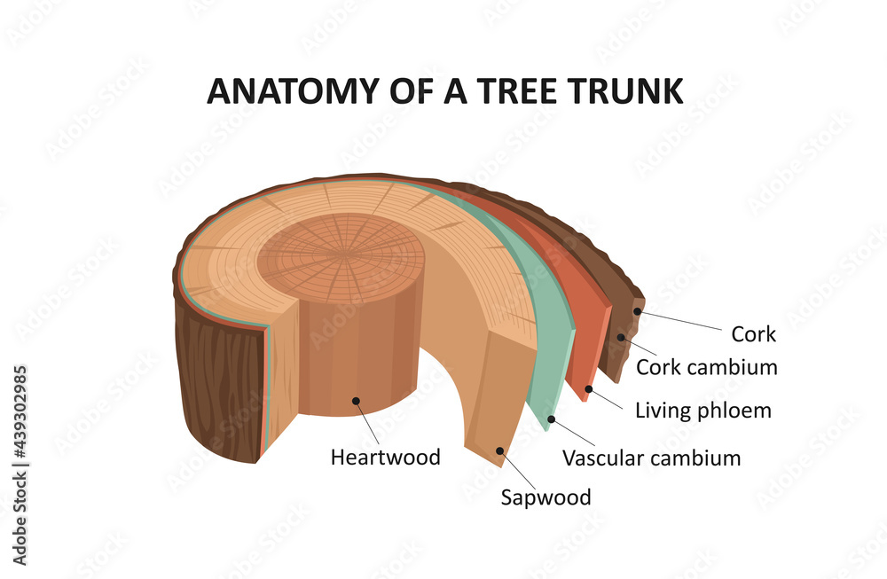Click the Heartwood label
[385, 458]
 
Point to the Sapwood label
[546, 497]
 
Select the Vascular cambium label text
[651, 458]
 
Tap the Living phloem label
[703, 411]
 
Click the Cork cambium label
[706, 366]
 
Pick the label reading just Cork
[753, 334]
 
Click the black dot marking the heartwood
[356, 401]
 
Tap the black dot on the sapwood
[499, 450]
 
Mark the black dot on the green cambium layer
[551, 418]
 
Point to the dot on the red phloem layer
[588, 388]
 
